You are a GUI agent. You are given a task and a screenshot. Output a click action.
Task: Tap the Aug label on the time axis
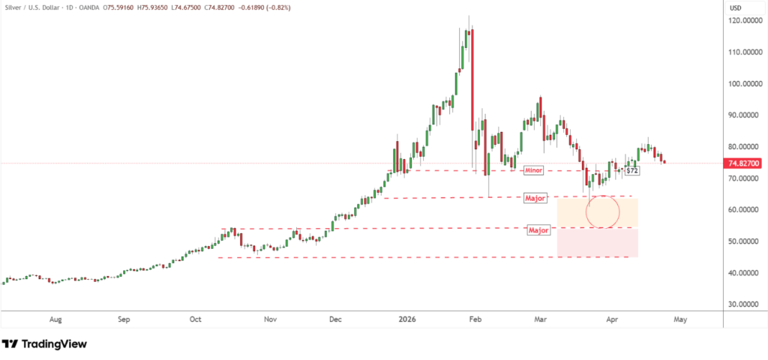coord(55,319)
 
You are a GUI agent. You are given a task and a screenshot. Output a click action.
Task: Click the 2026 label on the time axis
coord(408,319)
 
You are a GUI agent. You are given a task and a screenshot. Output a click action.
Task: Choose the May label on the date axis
coord(680,319)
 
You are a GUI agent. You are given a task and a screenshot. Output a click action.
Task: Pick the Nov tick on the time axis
coord(271,319)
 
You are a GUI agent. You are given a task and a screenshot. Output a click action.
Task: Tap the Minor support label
coord(533,171)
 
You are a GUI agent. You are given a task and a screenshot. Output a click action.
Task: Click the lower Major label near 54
coord(539,229)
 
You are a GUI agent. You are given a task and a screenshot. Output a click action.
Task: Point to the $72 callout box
coord(632,171)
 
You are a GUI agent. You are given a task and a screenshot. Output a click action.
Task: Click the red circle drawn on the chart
coord(603,212)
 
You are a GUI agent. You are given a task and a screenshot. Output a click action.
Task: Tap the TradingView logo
coord(44,343)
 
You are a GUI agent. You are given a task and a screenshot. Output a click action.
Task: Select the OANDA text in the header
coord(94,7)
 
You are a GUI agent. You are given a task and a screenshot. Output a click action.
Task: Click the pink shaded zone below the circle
coord(597,243)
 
